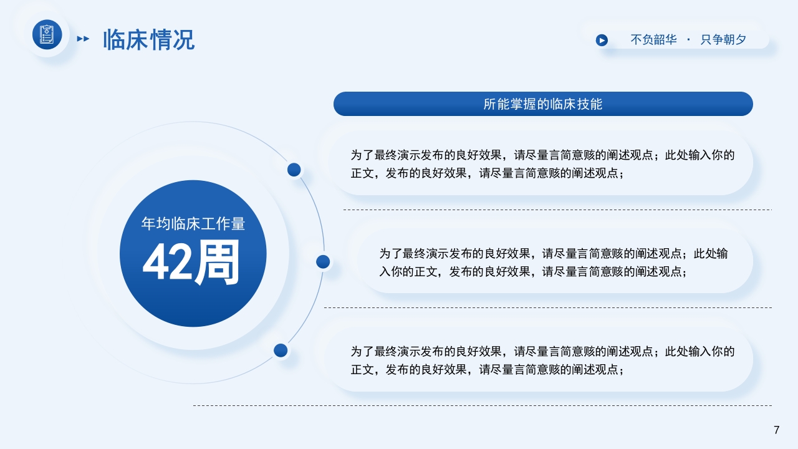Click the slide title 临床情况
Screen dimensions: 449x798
(148, 40)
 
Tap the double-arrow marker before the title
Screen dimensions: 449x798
(82, 39)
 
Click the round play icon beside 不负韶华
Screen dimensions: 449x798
(602, 40)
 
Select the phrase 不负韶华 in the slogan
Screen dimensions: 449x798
(653, 40)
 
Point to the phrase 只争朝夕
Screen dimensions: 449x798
(723, 40)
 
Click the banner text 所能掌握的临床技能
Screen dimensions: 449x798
(543, 104)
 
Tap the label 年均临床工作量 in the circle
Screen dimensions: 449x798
(193, 223)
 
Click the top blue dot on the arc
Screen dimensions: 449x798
(294, 170)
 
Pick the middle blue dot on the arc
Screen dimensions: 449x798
(323, 262)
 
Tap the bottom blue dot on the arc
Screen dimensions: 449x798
(281, 350)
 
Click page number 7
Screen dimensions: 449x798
(776, 430)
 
